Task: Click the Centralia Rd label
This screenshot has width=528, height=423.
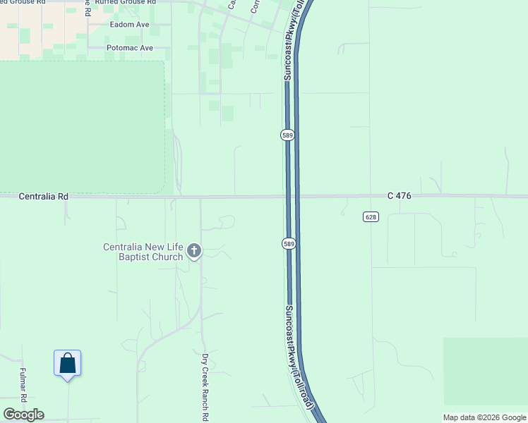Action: click(44, 197)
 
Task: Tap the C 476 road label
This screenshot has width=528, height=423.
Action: click(399, 195)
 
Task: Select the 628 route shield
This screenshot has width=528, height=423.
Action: click(372, 216)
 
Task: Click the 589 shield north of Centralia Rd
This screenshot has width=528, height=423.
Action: click(287, 135)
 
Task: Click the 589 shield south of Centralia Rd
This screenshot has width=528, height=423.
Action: click(288, 243)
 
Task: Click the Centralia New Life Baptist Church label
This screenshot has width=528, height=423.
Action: click(143, 252)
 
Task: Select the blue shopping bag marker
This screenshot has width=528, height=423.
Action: click(67, 364)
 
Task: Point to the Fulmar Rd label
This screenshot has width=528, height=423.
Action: click(23, 385)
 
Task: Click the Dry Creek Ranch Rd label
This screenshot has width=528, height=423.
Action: click(205, 386)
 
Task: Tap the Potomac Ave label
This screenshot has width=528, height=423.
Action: click(129, 48)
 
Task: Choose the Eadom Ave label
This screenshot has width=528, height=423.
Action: click(130, 24)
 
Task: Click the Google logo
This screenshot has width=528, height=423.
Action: click(23, 415)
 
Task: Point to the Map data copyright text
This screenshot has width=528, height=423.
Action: click(484, 417)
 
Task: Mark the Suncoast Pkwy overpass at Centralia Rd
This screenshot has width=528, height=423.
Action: click(292, 197)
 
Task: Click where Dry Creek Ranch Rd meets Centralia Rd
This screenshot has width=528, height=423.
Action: click(200, 197)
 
